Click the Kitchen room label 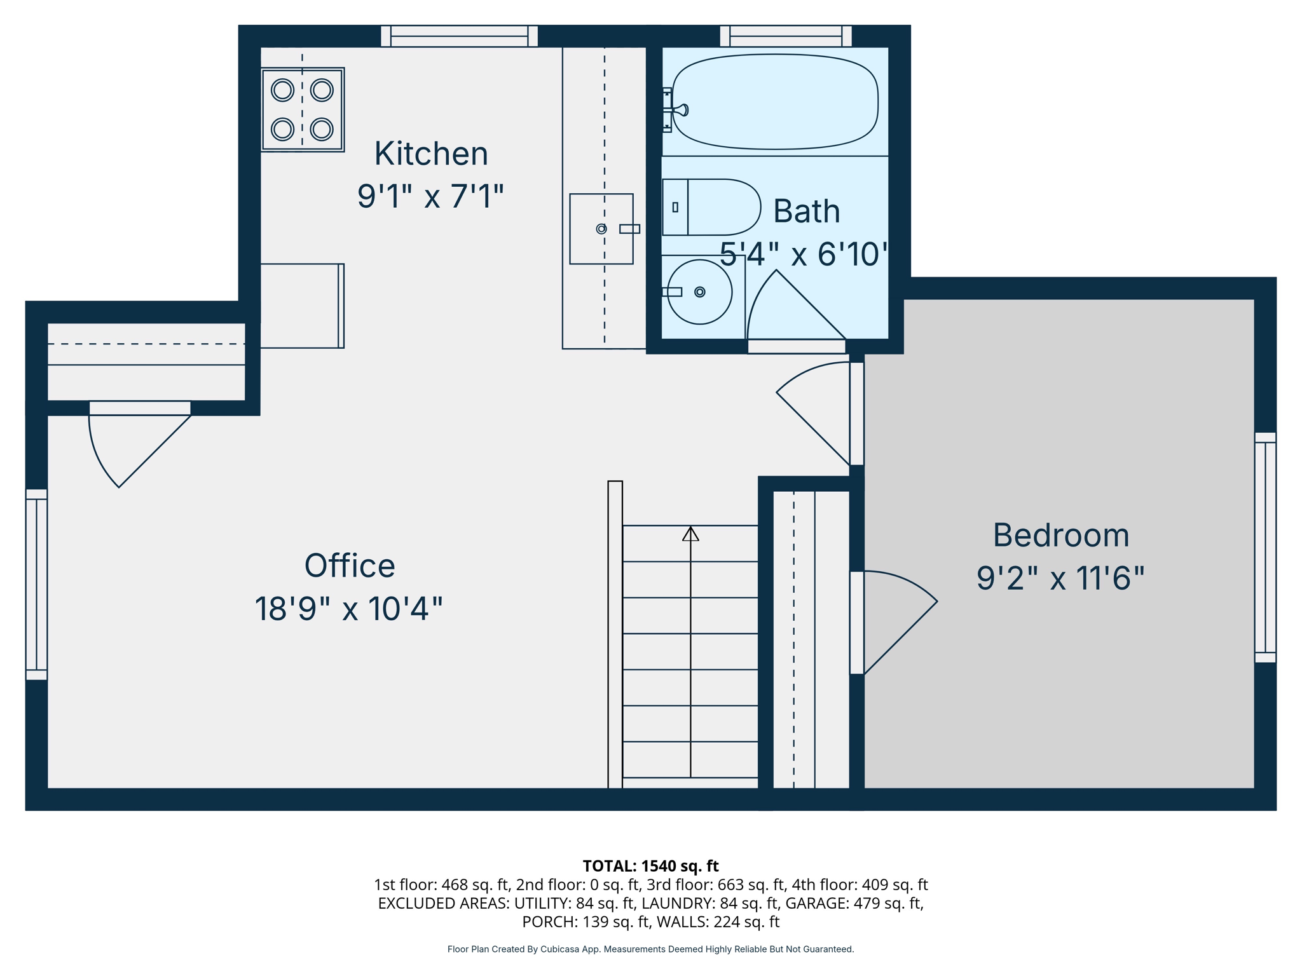tap(431, 154)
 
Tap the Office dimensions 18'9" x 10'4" tap(348, 609)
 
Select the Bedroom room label tap(1060, 536)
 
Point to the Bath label tap(806, 212)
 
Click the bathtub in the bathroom tap(776, 102)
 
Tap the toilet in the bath tap(712, 207)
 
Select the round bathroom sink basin tap(700, 292)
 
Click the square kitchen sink tap(601, 229)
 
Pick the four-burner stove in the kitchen tap(303, 109)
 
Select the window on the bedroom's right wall tap(1265, 548)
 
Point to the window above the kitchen tap(459, 36)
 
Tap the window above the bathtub tap(786, 36)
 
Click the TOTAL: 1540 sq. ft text tap(650, 866)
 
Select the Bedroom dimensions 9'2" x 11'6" tap(1060, 579)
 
